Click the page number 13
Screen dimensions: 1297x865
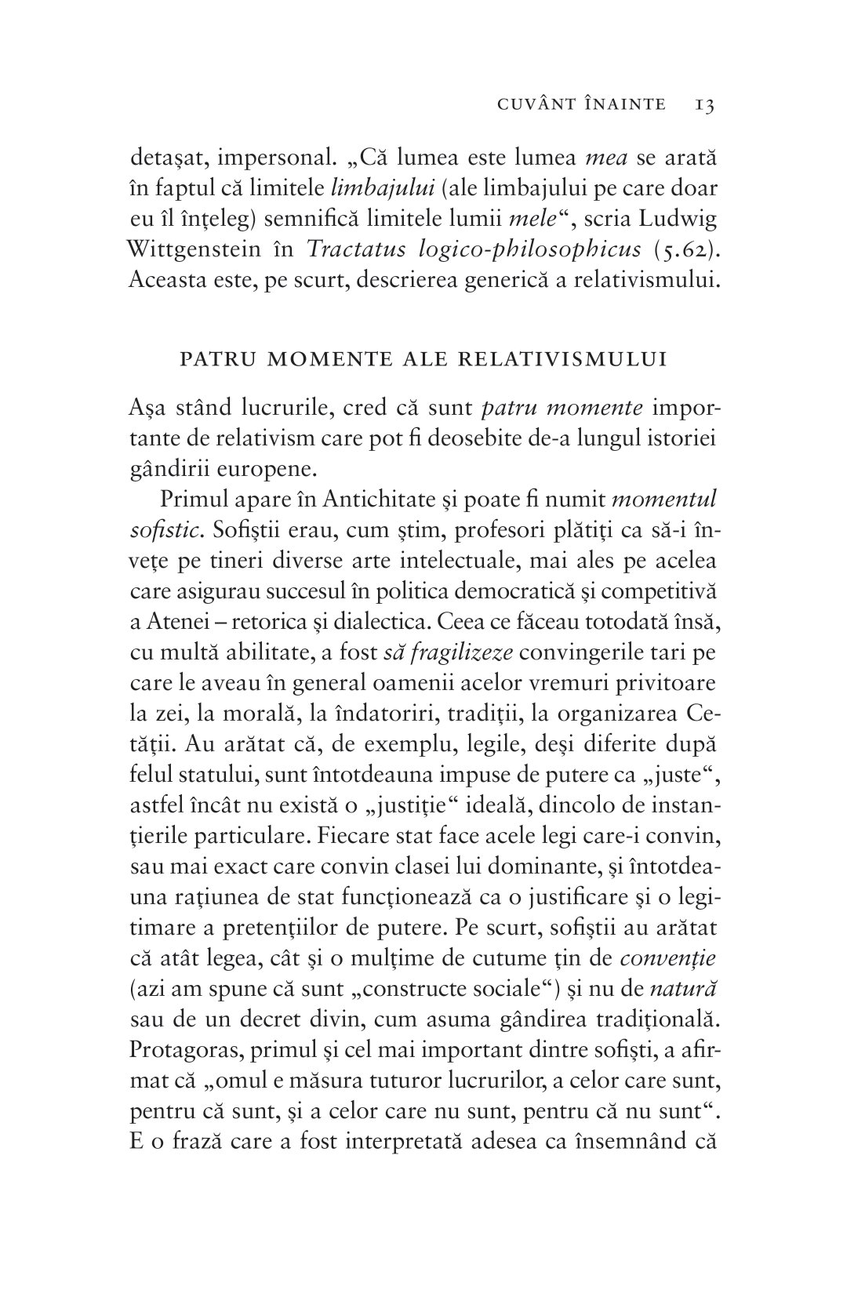[703, 104]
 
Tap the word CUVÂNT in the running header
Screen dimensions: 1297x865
[530, 104]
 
